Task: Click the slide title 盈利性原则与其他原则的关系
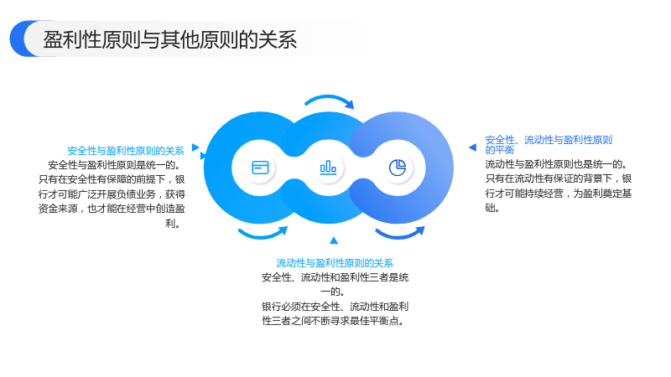[170, 39]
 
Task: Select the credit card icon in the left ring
[260, 168]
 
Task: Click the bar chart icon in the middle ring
[328, 167]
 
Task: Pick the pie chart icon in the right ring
[398, 168]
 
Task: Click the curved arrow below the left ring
[263, 235]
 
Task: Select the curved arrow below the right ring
[400, 235]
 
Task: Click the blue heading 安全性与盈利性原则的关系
[125, 151]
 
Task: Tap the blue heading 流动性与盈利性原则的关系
[334, 263]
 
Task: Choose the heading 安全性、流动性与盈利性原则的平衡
[549, 144]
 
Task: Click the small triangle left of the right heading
[473, 147]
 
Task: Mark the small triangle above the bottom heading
[334, 240]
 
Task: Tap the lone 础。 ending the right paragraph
[492, 208]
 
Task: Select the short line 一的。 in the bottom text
[332, 292]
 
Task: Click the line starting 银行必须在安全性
[335, 307]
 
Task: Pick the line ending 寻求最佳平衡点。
[333, 321]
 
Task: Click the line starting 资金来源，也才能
[112, 209]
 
